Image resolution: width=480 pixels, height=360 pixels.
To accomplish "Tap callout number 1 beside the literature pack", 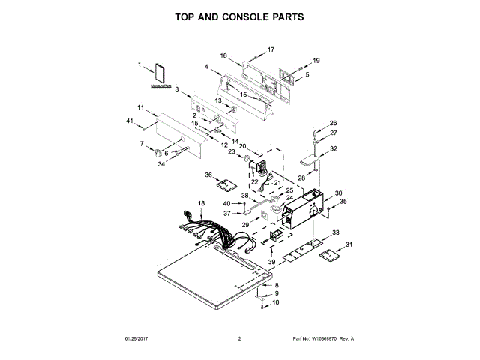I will (139, 64).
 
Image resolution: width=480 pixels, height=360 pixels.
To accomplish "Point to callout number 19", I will (316, 60).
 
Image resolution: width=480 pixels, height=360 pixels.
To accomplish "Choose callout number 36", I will (209, 175).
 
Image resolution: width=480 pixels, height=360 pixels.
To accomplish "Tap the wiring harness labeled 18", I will (214, 232).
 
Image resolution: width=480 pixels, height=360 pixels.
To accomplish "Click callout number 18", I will (201, 203).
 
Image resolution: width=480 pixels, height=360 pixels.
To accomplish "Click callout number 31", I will (349, 244).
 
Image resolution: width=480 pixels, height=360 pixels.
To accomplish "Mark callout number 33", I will (336, 232).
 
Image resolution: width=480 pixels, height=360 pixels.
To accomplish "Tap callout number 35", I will (344, 201).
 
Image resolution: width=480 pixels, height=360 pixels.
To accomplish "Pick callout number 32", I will (334, 148).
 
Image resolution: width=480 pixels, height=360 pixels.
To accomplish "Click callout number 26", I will (334, 123).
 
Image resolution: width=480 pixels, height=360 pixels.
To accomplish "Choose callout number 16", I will (223, 55).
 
